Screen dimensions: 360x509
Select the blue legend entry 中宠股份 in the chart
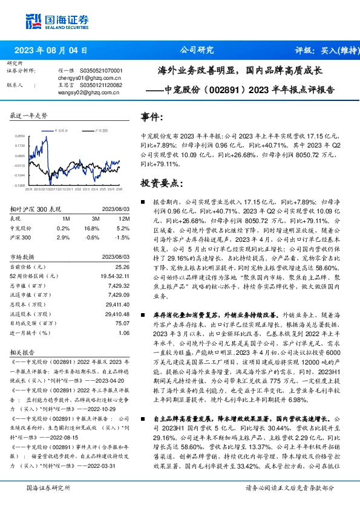point(61,129)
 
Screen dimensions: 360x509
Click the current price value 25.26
point(123,266)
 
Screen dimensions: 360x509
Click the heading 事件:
point(152,117)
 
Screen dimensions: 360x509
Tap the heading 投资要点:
point(160,183)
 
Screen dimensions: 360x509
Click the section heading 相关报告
point(21,350)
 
